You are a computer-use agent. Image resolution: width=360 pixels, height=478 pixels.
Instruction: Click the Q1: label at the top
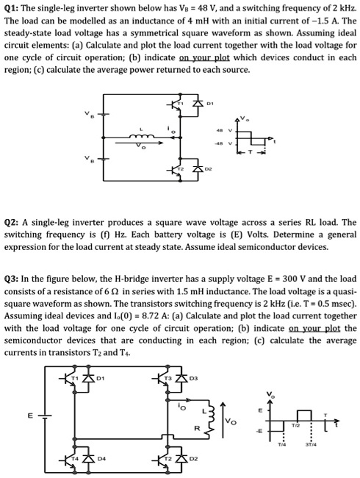pyautogui.click(x=13, y=9)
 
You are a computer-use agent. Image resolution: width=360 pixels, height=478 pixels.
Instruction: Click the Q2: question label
pyautogui.click(x=13, y=221)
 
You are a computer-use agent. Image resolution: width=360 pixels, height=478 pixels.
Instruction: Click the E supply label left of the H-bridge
pyautogui.click(x=30, y=416)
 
